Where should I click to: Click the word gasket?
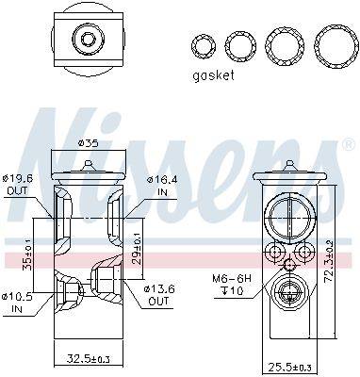tap(213, 75)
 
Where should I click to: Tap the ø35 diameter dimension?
tap(89, 143)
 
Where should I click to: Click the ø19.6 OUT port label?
tap(17, 184)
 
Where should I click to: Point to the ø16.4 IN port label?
tap(162, 186)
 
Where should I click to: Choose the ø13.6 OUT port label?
tap(158, 295)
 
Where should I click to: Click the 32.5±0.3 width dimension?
tap(90, 358)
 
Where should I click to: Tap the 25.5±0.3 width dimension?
tap(290, 366)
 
